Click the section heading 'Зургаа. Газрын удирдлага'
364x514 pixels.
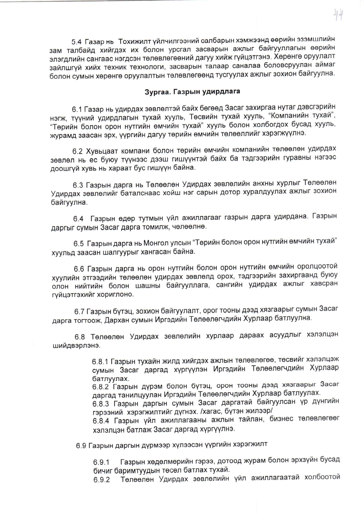192,91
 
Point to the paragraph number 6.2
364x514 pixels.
78,151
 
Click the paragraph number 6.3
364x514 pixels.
78,185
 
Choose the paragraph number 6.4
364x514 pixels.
78,219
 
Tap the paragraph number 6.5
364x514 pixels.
79,244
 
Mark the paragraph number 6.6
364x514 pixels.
79,269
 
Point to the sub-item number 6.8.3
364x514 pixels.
101,404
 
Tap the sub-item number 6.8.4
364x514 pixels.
101,421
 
